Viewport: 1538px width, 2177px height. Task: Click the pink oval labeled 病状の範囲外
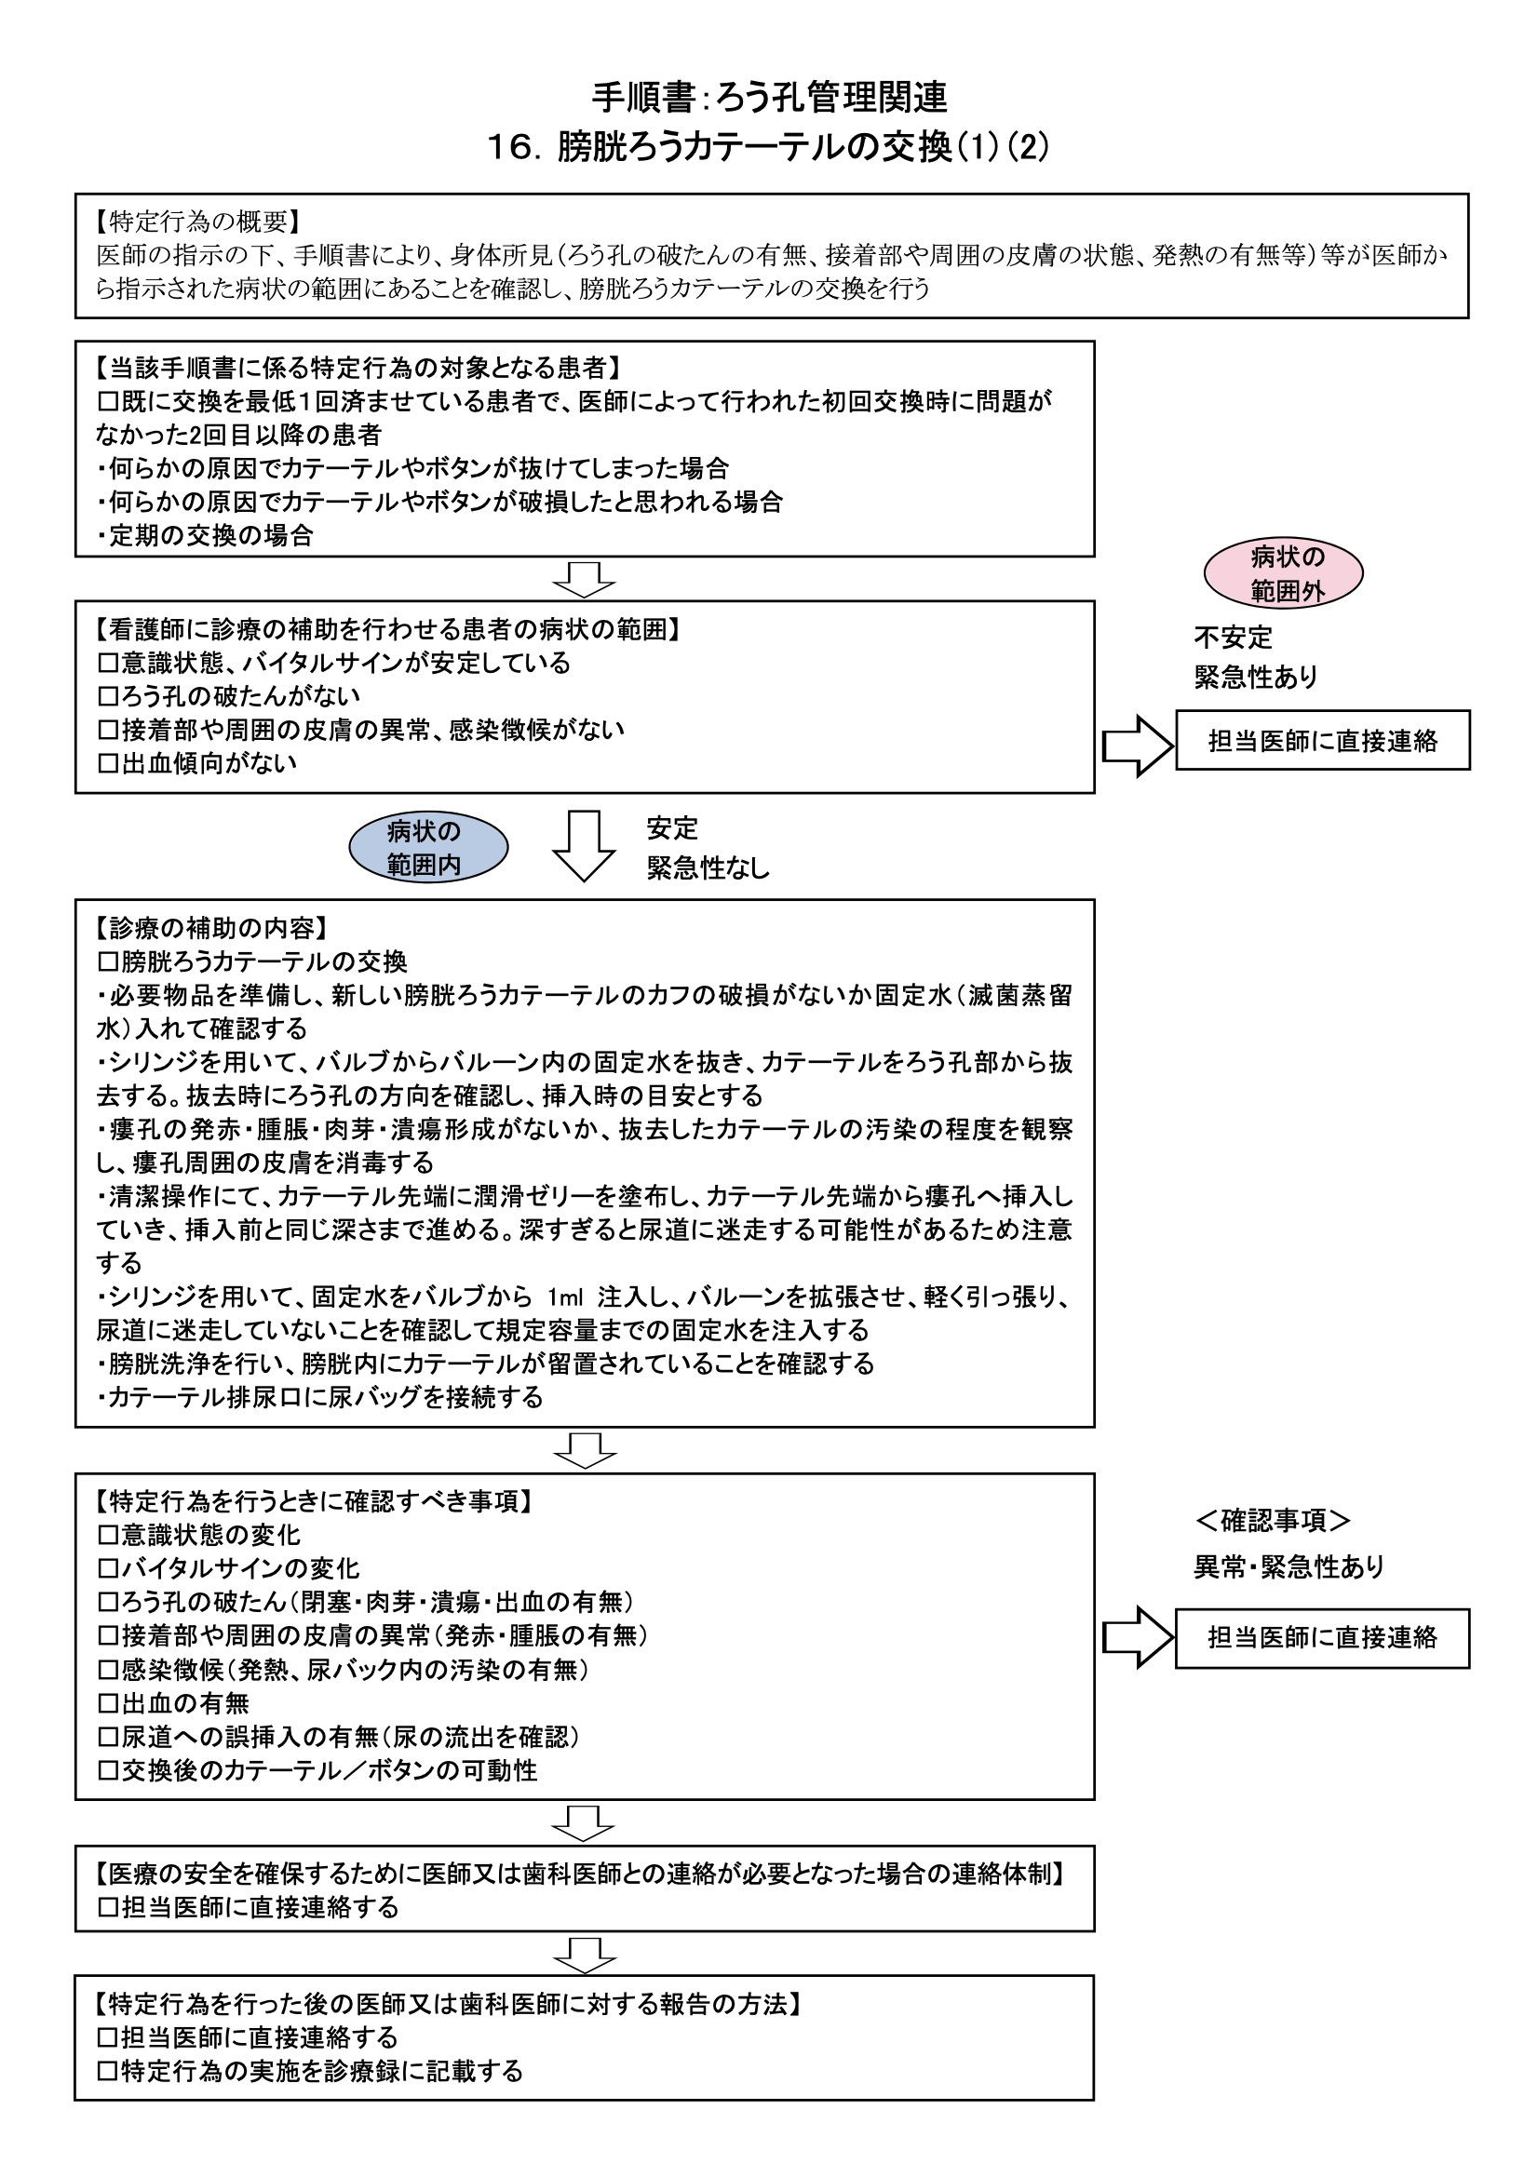1283,573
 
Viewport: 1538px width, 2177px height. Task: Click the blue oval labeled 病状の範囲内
428,847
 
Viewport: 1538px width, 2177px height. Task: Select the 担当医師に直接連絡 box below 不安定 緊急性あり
1322,741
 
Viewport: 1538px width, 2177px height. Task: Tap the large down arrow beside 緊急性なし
583,846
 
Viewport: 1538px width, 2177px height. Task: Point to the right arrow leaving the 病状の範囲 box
1137,746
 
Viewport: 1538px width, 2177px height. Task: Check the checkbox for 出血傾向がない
108,763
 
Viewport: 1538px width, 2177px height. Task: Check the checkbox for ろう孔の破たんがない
108,697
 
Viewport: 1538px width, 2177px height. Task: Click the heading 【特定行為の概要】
198,222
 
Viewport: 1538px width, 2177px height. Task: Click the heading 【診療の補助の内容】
211,928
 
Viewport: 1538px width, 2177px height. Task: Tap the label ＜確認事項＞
1273,1521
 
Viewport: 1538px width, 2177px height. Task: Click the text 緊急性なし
708,867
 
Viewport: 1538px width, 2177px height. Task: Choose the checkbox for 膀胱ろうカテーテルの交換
108,962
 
